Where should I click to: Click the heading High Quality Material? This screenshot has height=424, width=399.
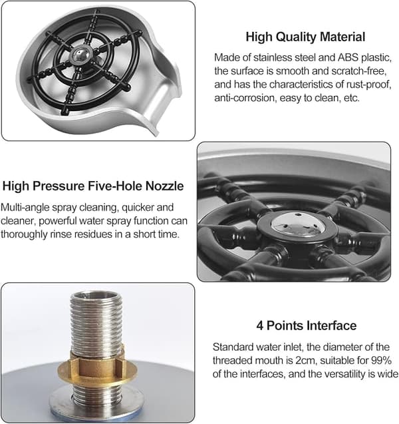click(x=305, y=37)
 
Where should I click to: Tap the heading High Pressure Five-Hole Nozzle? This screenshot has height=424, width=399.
click(x=93, y=186)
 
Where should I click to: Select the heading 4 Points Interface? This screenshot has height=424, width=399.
click(x=307, y=325)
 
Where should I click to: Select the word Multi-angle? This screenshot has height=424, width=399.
click(x=25, y=208)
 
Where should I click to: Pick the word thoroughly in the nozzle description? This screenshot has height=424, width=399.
click(x=24, y=234)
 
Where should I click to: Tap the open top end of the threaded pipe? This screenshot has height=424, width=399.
click(x=96, y=296)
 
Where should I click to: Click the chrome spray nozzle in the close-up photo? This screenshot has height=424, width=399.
click(x=298, y=224)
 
